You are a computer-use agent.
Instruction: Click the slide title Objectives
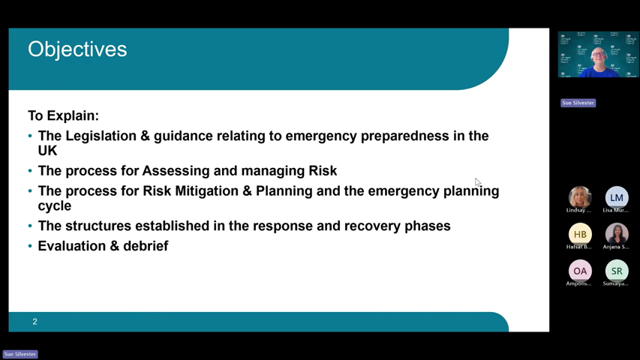(77, 49)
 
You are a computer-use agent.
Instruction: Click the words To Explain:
(63, 115)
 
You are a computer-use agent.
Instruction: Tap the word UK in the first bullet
(47, 151)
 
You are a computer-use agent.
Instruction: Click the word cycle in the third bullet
(55, 206)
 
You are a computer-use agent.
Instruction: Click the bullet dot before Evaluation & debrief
(30, 246)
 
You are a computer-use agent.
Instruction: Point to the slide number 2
(35, 322)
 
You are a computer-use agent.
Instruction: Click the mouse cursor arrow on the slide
(477, 181)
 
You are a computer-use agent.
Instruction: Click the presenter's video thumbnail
(598, 55)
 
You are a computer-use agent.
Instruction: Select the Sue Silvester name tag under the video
(578, 103)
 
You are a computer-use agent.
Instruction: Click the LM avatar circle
(616, 197)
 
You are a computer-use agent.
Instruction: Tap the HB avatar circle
(579, 234)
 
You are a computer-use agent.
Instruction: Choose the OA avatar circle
(579, 271)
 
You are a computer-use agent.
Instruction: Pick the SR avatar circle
(616, 271)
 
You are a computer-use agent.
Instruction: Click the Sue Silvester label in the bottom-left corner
(20, 354)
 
